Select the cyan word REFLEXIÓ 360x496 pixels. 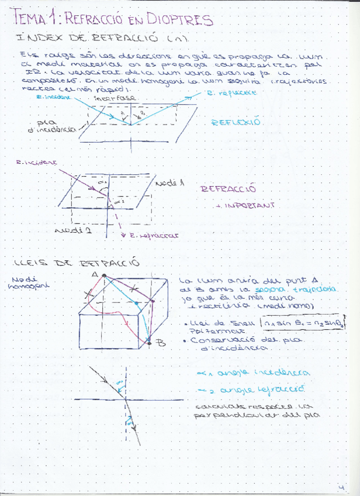[236, 123]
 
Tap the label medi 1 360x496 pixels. [170, 183]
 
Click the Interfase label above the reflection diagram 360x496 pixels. [115, 98]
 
